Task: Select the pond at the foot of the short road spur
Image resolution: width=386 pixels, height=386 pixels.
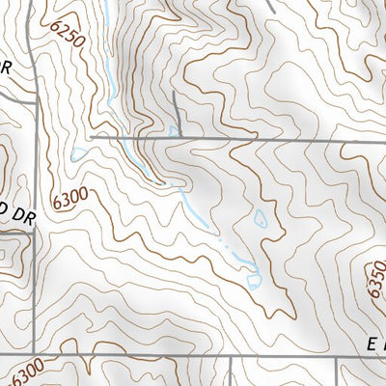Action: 174,129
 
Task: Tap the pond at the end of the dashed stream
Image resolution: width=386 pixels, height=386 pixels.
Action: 254,281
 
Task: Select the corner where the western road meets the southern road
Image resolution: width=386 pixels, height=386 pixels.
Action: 37,353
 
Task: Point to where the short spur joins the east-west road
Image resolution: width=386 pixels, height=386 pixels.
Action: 179,139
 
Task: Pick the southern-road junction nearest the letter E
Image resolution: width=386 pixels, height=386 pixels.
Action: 338,354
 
